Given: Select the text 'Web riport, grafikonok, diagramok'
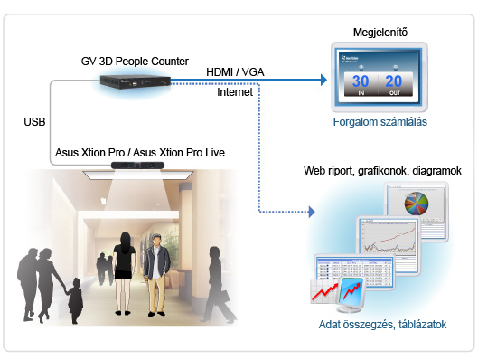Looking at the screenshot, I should pyautogui.click(x=382, y=170).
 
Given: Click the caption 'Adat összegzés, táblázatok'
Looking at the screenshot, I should pyautogui.click(x=383, y=324).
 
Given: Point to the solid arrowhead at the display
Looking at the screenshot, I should pyautogui.click(x=321, y=80).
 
